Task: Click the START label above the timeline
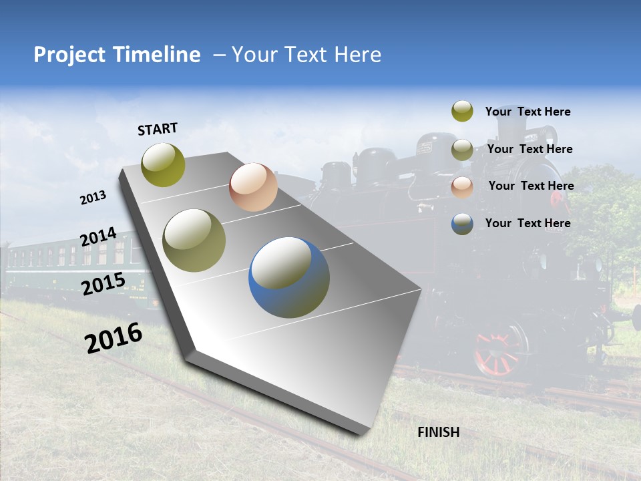[x=158, y=129]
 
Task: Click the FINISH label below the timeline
[x=438, y=432]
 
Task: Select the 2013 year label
[x=93, y=198]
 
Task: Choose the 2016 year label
[x=114, y=337]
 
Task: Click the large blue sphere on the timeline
[x=289, y=277]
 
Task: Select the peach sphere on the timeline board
[x=253, y=187]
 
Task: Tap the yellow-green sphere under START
[x=164, y=164]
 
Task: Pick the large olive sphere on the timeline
[x=194, y=240]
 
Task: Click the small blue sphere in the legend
[x=462, y=224]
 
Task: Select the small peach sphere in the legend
[x=462, y=187]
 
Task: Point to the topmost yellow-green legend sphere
[x=462, y=112]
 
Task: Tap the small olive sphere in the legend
[x=462, y=150]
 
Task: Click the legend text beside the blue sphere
[x=527, y=223]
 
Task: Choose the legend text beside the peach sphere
[x=531, y=186]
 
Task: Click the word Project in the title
[x=69, y=55]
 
